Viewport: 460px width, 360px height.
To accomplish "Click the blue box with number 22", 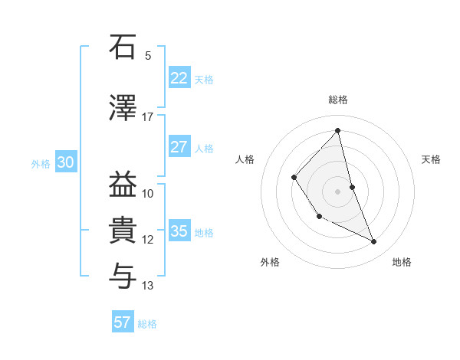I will pos(179,78).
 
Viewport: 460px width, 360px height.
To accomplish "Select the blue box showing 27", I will pos(179,147).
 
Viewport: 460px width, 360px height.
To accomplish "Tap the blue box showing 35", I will pos(179,231).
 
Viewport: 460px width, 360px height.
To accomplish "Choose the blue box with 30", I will pos(65,162).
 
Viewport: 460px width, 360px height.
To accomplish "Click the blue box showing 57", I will pos(123,322).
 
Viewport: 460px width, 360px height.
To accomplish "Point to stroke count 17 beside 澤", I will pos(148,117).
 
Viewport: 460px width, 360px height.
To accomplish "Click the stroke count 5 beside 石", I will pos(148,55).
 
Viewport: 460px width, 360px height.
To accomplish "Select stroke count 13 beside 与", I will pos(148,286).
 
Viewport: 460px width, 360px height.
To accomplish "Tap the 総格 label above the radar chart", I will pos(338,100).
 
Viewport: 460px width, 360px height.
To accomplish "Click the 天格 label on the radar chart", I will pos(432,159).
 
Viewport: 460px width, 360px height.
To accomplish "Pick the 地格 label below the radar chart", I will pos(402,262).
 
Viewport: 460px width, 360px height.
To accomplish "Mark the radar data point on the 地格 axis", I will pos(374,242).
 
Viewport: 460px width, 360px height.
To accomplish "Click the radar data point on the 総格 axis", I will pos(338,131).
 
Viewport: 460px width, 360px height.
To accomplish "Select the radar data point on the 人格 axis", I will pos(294,177).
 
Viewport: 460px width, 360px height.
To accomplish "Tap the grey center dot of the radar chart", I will pos(338,191).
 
